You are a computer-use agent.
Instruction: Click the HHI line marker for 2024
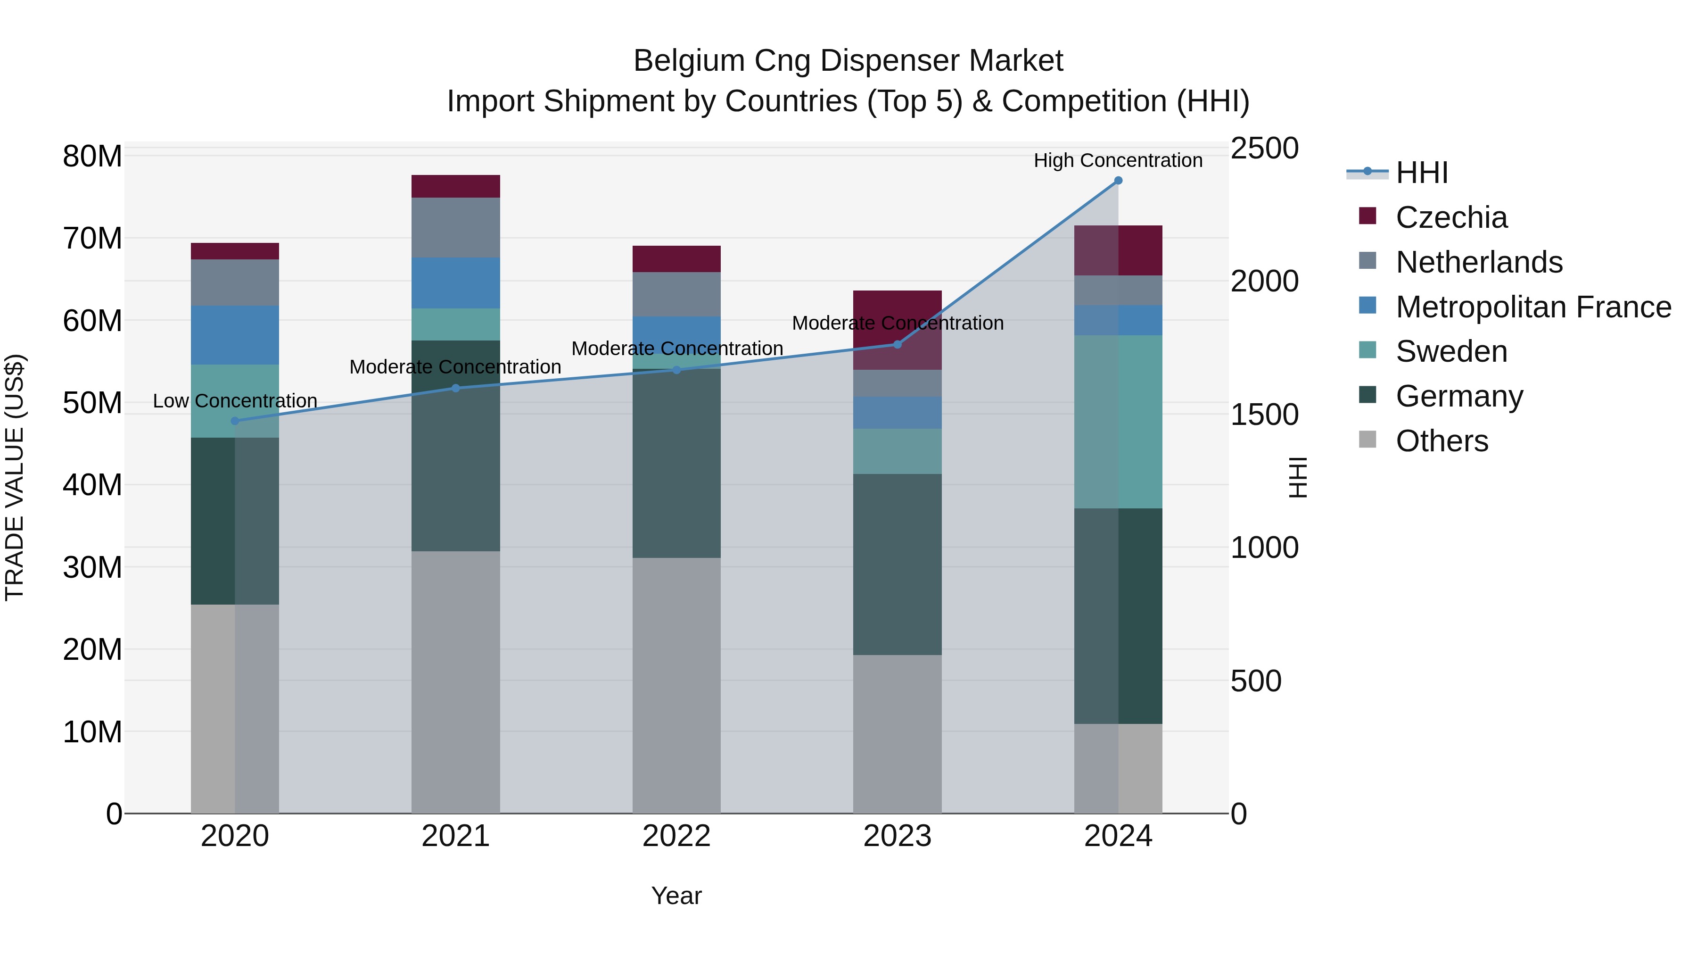(1118, 181)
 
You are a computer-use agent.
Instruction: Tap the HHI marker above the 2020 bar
(235, 421)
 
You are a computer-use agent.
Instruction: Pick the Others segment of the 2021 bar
(456, 682)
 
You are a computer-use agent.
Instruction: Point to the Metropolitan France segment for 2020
(235, 335)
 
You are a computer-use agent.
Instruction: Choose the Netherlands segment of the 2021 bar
(456, 227)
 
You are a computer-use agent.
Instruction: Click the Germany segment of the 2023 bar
(897, 564)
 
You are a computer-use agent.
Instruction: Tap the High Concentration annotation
(1118, 160)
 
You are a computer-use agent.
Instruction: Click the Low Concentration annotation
(235, 401)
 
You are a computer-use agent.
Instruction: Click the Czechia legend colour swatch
(1367, 216)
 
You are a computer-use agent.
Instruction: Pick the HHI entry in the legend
(1422, 173)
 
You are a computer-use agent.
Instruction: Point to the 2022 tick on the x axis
(676, 836)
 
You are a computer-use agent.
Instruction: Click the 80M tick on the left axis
(92, 157)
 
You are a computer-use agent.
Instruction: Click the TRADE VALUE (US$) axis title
(15, 477)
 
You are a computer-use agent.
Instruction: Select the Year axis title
(676, 896)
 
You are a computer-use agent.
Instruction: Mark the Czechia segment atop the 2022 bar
(676, 259)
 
